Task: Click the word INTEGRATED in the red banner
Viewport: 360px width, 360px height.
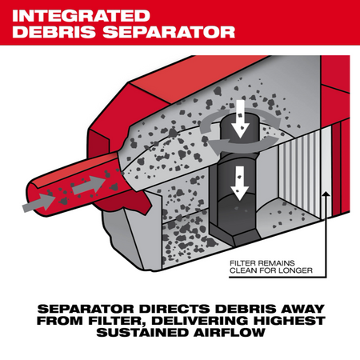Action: tap(81, 16)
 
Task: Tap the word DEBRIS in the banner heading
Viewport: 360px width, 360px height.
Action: tap(54, 32)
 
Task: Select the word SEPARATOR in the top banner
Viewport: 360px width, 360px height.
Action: tap(169, 32)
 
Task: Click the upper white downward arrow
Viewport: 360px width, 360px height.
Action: tap(241, 119)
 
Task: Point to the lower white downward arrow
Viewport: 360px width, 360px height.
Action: tap(240, 183)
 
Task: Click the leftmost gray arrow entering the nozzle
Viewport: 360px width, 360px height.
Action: tap(39, 203)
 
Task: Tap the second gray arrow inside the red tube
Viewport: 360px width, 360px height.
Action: tap(89, 185)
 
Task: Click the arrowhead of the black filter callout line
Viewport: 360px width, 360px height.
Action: tap(326, 194)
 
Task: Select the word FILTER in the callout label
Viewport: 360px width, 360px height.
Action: tap(242, 263)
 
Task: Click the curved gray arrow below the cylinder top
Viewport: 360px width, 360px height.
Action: tap(243, 145)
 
